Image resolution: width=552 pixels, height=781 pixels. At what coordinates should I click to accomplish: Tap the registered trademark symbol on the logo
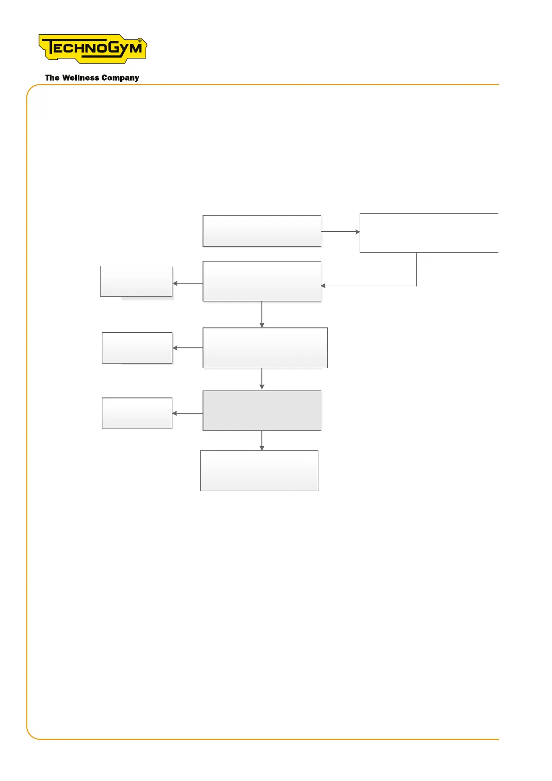[140, 41]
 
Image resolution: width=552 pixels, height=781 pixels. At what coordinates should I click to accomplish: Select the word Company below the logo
[120, 78]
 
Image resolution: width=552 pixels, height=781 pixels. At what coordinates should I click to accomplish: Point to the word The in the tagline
[52, 78]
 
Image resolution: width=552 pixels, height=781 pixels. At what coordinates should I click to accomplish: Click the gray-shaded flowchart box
[262, 410]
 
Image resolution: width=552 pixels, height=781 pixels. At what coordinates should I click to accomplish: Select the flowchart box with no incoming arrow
[262, 230]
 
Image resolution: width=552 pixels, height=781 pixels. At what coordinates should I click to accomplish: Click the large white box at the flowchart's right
[429, 233]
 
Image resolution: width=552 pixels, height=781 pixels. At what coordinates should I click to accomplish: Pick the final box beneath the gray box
[259, 471]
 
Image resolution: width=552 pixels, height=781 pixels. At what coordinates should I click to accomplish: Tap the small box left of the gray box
[137, 413]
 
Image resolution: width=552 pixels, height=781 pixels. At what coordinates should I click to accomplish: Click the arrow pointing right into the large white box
[340, 231]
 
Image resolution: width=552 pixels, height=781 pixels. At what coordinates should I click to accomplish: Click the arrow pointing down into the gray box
[262, 379]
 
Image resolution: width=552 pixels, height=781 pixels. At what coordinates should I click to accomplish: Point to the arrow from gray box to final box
[262, 441]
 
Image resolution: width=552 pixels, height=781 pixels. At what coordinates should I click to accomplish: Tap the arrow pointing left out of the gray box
[187, 413]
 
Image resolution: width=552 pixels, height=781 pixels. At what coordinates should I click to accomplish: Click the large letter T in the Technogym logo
[49, 48]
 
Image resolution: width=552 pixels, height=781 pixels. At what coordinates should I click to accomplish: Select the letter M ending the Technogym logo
[135, 48]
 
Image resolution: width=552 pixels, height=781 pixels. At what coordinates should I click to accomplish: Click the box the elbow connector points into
[262, 281]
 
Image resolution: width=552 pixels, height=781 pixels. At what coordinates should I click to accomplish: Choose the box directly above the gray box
[265, 348]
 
